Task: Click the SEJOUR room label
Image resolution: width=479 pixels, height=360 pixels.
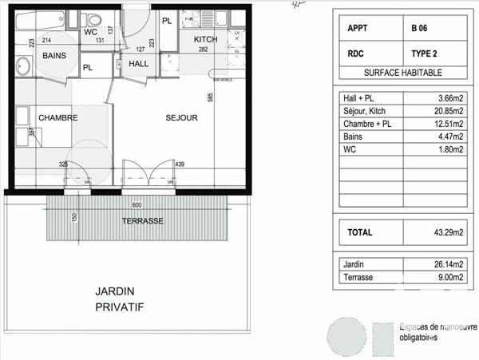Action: click(x=181, y=118)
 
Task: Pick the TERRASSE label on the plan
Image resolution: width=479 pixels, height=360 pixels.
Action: click(x=142, y=220)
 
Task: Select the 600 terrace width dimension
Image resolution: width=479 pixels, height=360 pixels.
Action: click(x=137, y=204)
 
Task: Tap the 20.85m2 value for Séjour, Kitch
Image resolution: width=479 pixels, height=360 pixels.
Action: click(x=448, y=111)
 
